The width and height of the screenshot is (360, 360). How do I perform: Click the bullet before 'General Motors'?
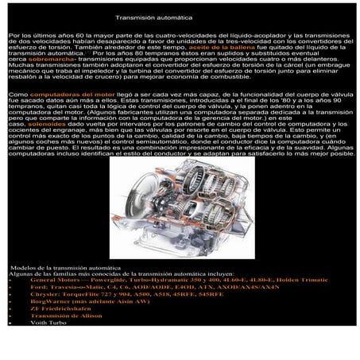click(9, 281)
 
